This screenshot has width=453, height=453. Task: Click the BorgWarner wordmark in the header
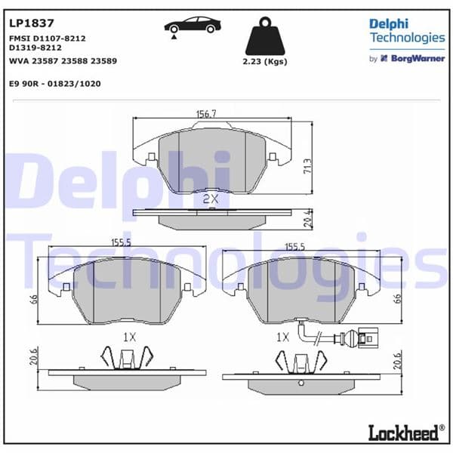point(417,58)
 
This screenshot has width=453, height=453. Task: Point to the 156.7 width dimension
point(206,113)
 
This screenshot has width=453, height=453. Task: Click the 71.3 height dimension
point(307,165)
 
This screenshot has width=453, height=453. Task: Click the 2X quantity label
point(211,199)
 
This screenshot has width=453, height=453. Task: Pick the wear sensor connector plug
point(367,337)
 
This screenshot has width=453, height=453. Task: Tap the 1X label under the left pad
point(129,337)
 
